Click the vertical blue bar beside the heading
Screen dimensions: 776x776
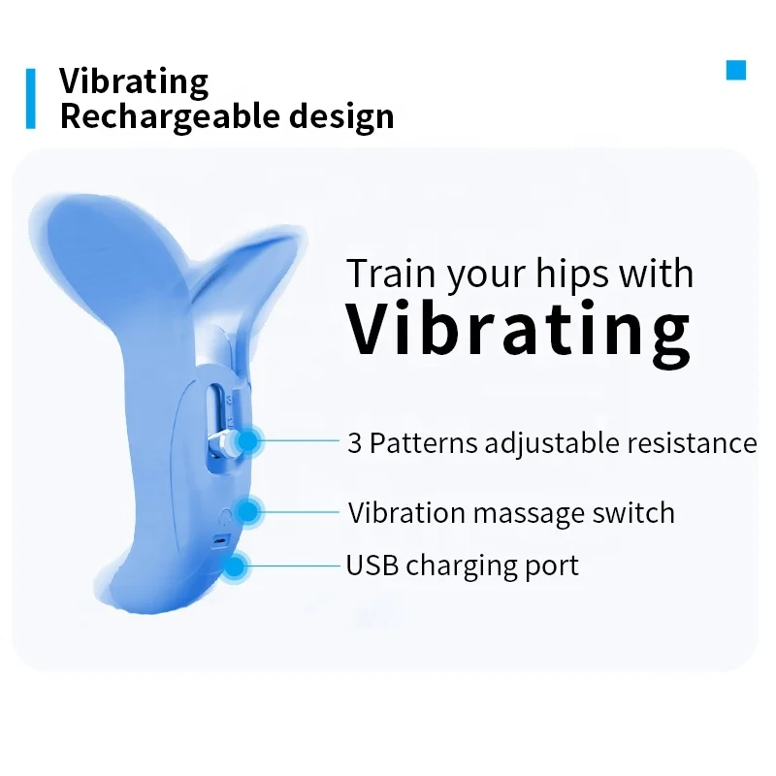pos(31,98)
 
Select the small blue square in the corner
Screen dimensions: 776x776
pos(736,70)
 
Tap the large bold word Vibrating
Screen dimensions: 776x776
pos(519,330)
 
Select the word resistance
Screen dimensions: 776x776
pos(692,443)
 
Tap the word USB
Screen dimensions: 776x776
pos(372,564)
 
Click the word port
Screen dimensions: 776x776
pos(553,566)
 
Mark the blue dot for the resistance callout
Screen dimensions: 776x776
pos(248,441)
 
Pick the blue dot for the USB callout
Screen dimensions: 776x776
pos(238,565)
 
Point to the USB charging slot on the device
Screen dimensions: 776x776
pos(221,540)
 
